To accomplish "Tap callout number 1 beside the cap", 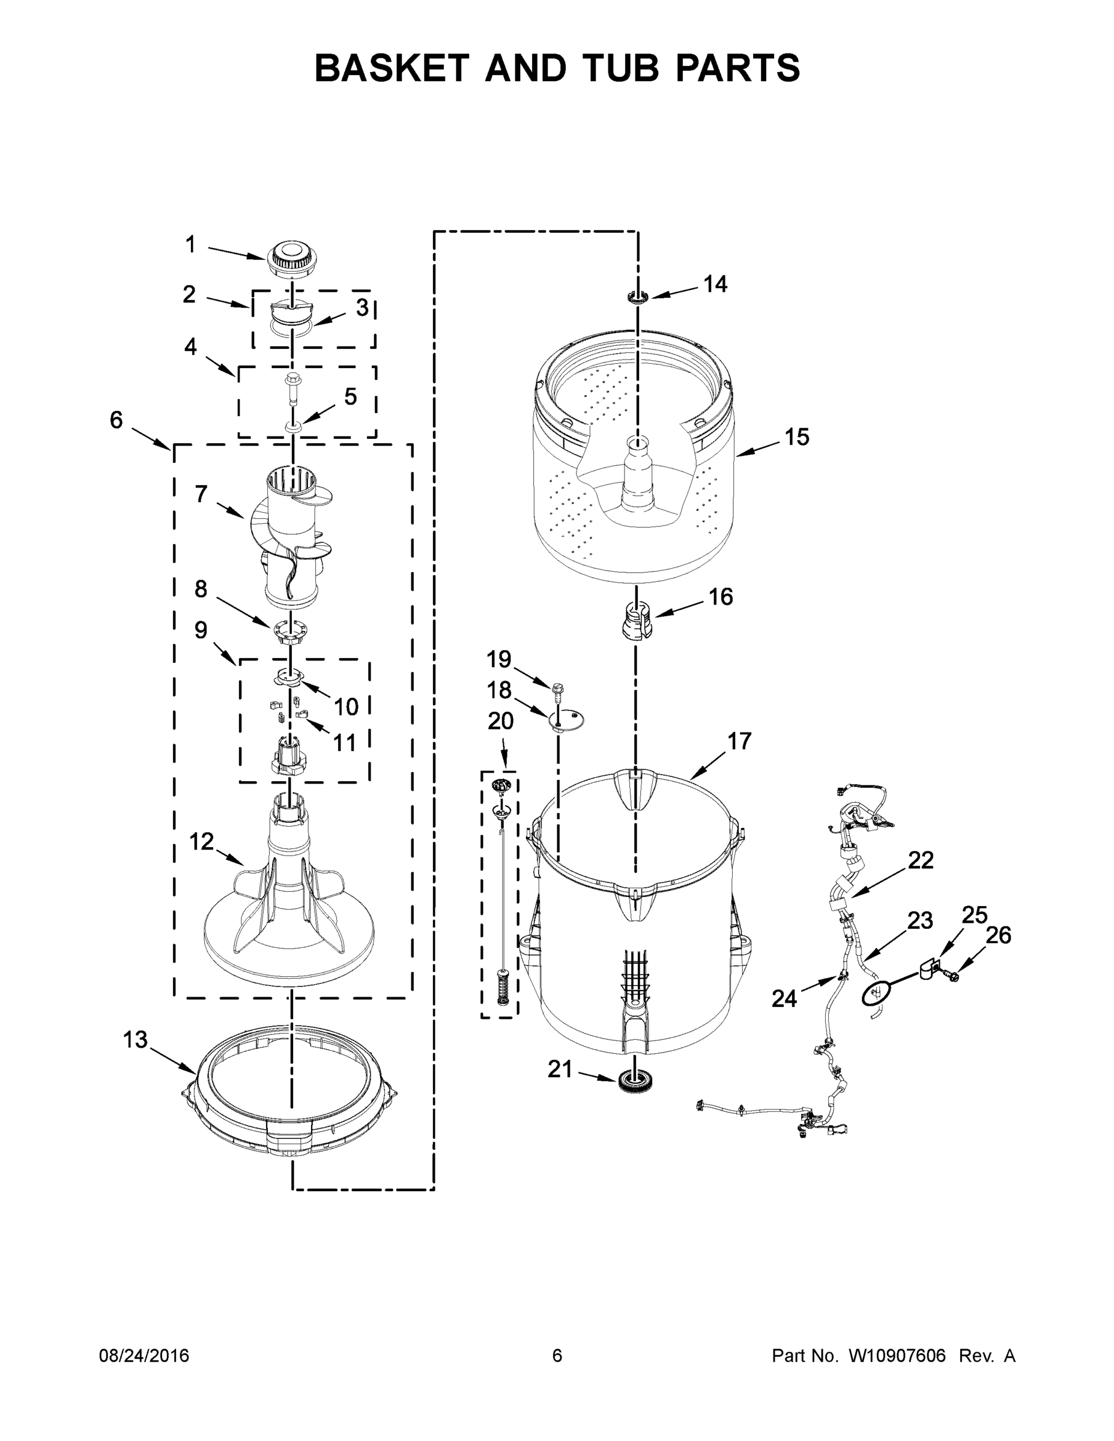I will coord(190,245).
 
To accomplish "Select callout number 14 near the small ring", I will coord(715,285).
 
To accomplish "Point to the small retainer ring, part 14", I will coord(638,296).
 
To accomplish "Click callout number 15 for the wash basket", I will coord(796,437).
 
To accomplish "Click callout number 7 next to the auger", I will coord(201,494).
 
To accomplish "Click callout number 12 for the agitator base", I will coord(202,841).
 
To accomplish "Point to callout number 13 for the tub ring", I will coord(135,1040).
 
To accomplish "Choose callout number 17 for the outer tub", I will coord(739,741).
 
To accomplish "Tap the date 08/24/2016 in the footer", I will coord(144,1356).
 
